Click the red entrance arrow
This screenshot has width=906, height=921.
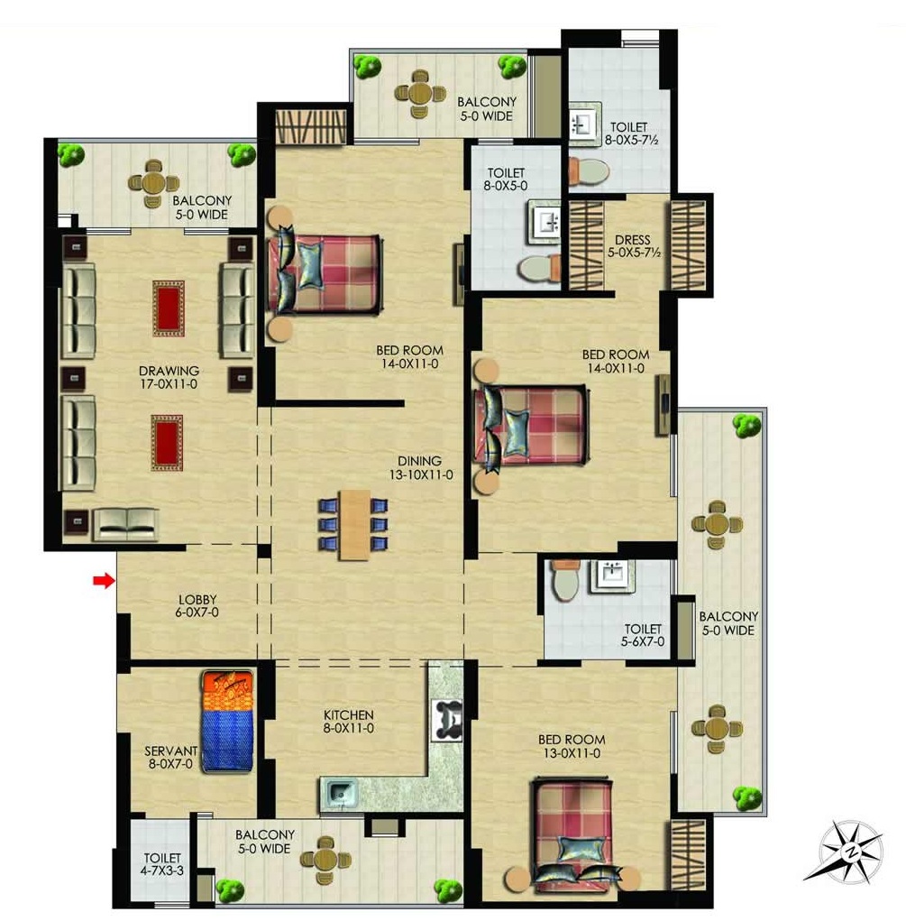coord(104,581)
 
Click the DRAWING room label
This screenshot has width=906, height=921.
coord(169,372)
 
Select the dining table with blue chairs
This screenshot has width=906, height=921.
coord(353,524)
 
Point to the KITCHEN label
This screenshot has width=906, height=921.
coord(349,714)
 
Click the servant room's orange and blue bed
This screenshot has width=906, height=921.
coord(227,722)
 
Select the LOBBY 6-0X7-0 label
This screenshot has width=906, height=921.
coord(197,605)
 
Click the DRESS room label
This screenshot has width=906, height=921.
coord(632,240)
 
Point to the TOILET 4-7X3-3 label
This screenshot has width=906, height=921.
coord(162,864)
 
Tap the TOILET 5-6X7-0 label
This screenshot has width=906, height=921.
coord(643,636)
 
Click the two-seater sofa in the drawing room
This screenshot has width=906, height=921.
coord(125,524)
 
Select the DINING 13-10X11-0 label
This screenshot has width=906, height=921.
coord(421,468)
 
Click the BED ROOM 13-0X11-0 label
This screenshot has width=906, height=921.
coord(572,746)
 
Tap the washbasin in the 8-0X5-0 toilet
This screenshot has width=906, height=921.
coord(546,223)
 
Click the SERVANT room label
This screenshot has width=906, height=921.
coord(171,751)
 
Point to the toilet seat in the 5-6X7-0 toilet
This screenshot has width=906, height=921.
coord(565,580)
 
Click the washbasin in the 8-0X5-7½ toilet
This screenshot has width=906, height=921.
coord(584,124)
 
